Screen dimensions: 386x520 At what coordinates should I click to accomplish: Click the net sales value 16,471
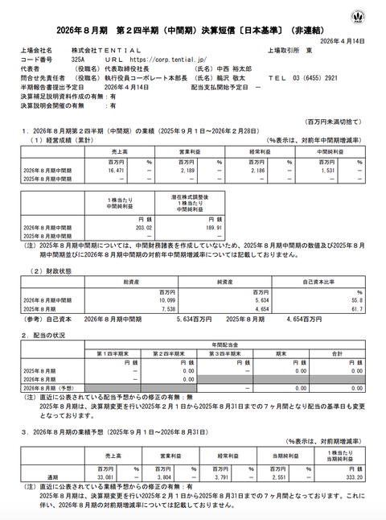[x=118, y=171]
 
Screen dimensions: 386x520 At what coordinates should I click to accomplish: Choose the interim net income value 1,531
[x=330, y=171]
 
